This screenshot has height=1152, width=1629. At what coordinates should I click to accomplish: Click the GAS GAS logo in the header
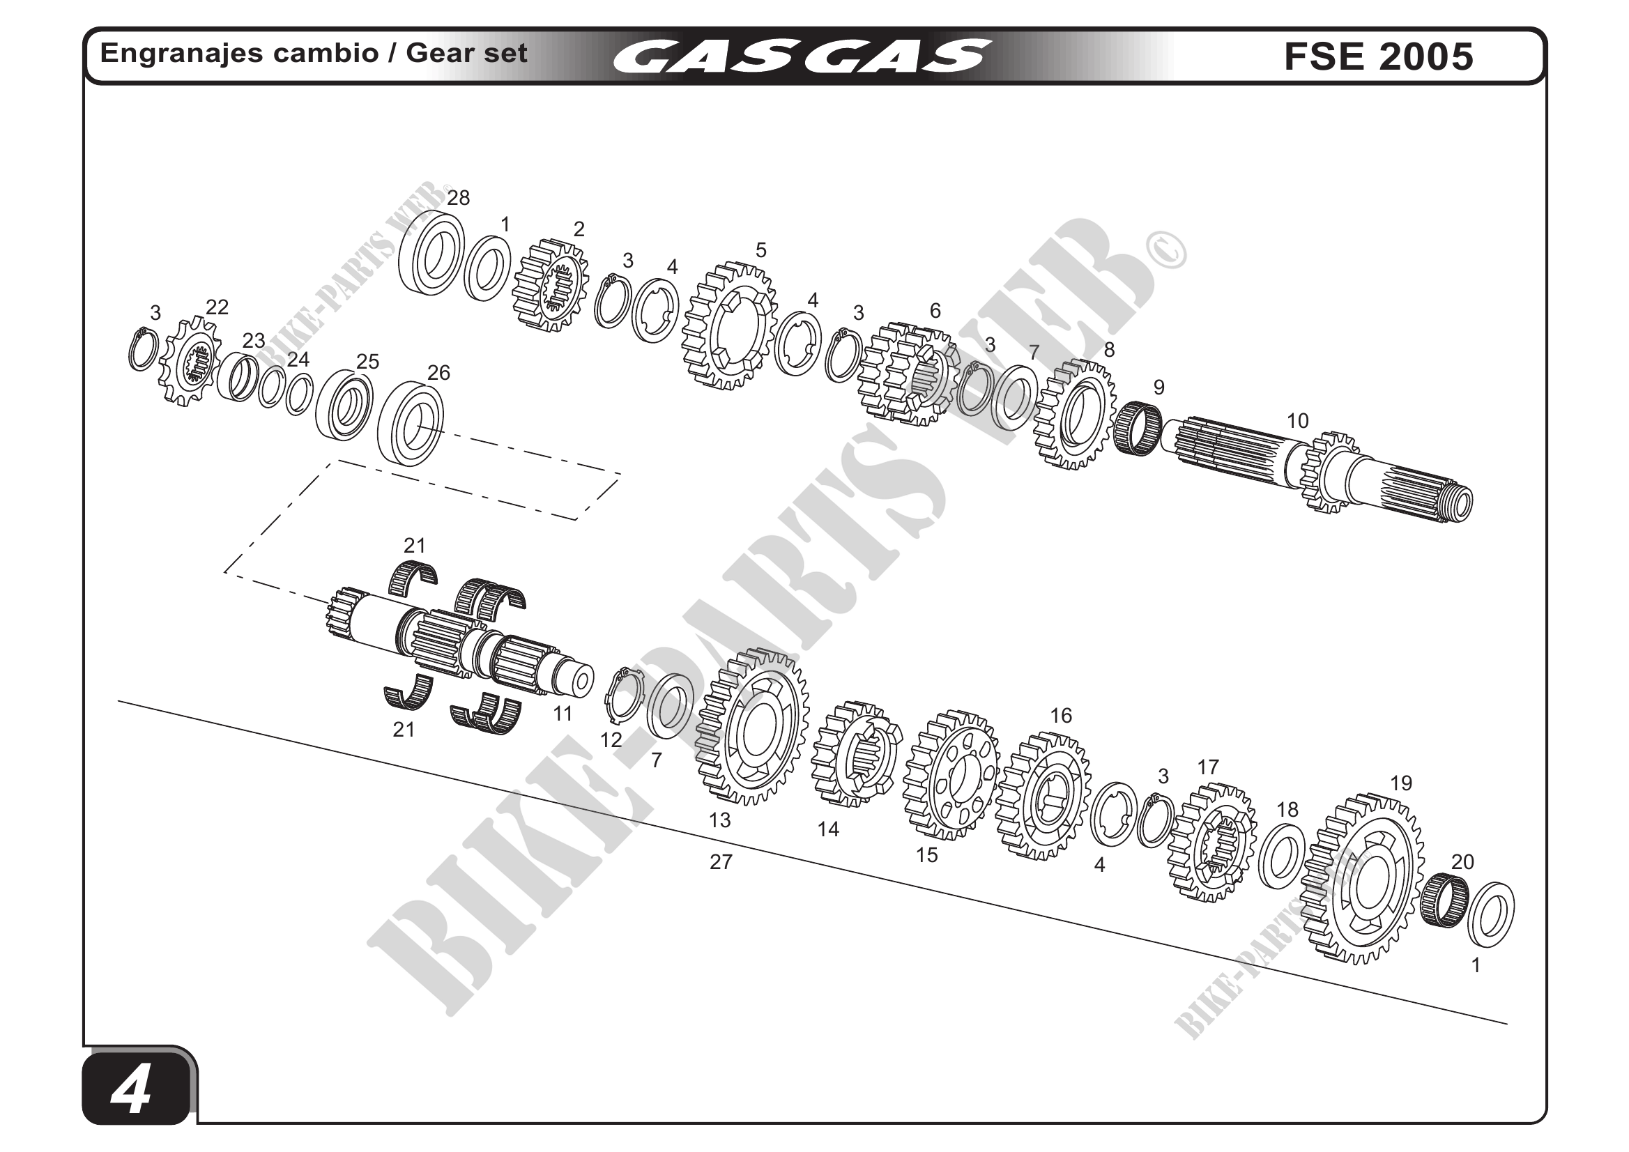click(801, 56)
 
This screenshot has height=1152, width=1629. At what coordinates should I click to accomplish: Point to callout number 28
click(459, 198)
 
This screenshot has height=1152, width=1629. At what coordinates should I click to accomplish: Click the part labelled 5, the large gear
click(730, 326)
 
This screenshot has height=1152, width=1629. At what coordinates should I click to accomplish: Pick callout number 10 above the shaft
click(1297, 421)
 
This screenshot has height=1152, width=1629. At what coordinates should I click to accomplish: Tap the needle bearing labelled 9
click(1138, 428)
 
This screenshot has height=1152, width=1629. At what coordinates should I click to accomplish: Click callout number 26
click(438, 372)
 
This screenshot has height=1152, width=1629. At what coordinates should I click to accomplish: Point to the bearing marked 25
click(344, 404)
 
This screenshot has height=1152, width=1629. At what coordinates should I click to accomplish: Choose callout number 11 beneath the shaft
click(563, 714)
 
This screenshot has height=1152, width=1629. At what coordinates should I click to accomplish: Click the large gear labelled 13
click(752, 727)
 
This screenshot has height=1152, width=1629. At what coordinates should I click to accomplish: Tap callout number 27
click(721, 862)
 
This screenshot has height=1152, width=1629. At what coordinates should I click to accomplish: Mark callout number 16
click(1061, 716)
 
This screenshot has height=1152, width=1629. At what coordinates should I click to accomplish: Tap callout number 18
click(1287, 809)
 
